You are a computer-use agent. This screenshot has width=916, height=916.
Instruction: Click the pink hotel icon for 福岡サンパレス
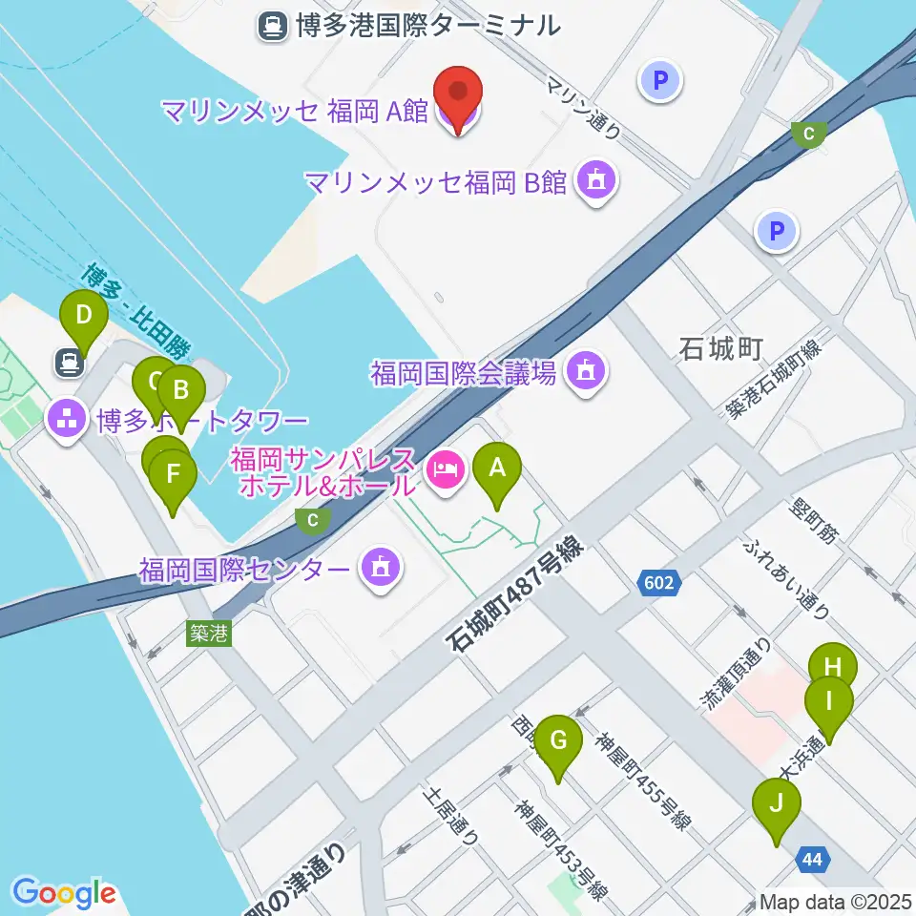(x=445, y=469)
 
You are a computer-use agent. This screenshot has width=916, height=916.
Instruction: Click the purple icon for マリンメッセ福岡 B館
(x=597, y=179)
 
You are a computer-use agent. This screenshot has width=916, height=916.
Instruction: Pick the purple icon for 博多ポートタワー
(x=67, y=419)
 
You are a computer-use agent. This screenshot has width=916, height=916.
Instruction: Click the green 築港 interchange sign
(x=208, y=633)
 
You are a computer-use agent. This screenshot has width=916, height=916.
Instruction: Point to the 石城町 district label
(x=720, y=349)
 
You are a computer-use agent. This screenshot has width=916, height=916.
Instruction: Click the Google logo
(x=64, y=891)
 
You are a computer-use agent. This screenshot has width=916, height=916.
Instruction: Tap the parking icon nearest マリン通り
(x=661, y=81)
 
